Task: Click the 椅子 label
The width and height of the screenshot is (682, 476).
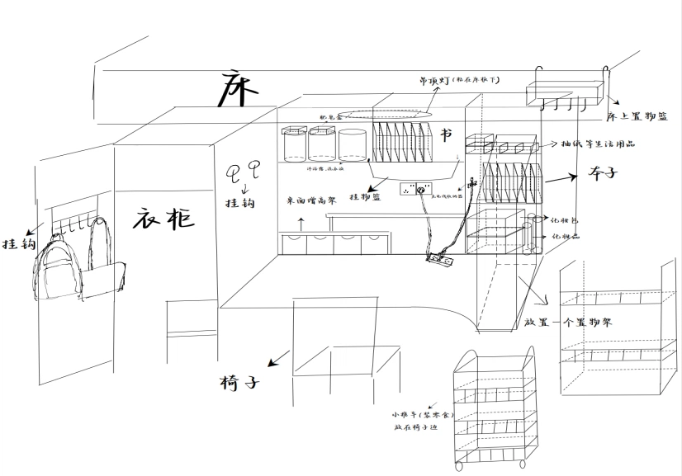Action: (241, 384)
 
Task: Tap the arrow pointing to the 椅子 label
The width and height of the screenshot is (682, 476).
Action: (279, 358)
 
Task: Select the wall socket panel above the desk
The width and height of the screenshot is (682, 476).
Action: (417, 190)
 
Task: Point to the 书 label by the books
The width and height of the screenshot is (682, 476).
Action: (447, 134)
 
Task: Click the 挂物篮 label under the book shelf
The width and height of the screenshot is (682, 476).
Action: (365, 197)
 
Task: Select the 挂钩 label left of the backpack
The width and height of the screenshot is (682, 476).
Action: (18, 244)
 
